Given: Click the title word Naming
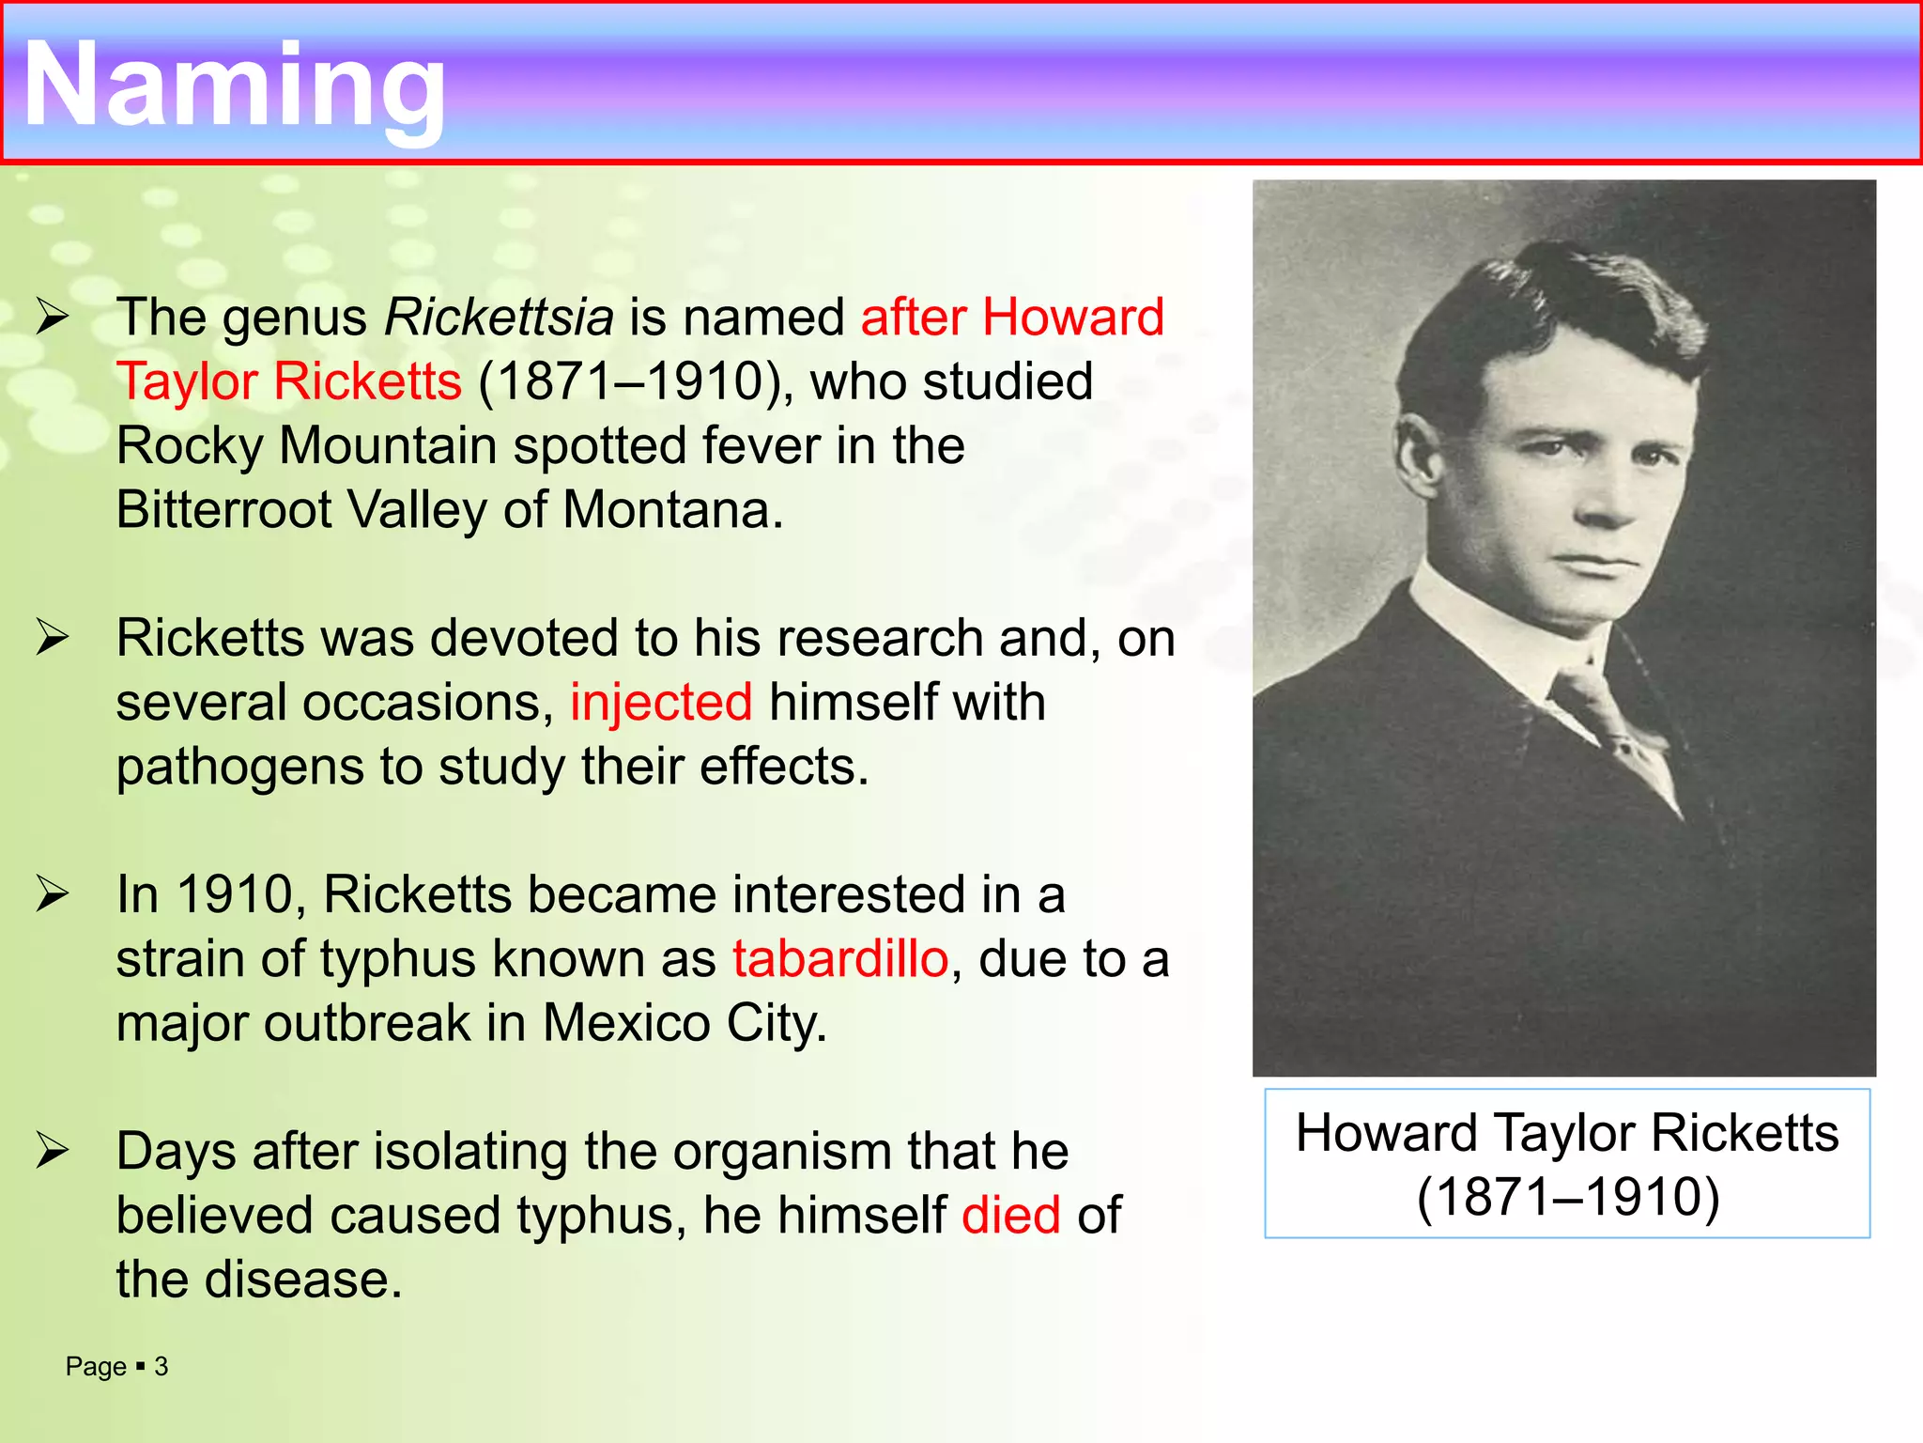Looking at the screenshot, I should coord(235,86).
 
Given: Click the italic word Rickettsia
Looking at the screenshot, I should coord(499,318).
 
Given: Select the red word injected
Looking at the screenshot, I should coord(661,703).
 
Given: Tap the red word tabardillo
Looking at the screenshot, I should coord(840,959).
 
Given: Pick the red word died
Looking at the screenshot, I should coord(1011,1216).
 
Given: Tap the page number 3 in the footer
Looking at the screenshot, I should coord(162,1367).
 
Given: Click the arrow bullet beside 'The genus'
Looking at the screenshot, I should coord(53,318).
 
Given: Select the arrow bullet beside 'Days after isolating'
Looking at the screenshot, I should coord(53,1152).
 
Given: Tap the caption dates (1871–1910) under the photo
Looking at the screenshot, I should coord(1568,1198).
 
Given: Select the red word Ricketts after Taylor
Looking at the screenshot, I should coord(368,382).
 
